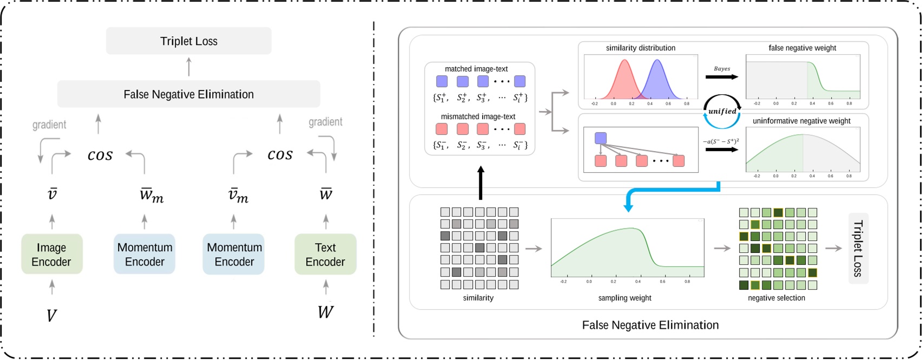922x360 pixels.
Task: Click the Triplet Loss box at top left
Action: point(188,41)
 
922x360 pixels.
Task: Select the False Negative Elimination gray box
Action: point(188,94)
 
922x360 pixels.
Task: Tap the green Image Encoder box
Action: point(51,254)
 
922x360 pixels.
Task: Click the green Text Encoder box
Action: point(325,254)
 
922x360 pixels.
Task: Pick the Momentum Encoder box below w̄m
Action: point(144,254)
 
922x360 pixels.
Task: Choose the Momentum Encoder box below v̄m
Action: point(234,254)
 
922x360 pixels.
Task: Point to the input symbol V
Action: point(51,315)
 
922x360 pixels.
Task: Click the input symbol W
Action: point(325,312)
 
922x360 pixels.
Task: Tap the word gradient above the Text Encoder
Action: point(325,122)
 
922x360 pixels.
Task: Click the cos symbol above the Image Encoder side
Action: point(100,155)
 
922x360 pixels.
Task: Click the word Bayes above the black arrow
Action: point(722,69)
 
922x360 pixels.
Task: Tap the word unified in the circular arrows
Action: point(722,112)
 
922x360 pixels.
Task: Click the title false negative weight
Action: point(802,48)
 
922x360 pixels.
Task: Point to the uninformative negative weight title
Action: point(801,121)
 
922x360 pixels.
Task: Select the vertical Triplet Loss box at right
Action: point(858,248)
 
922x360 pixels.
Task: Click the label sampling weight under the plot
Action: point(624,298)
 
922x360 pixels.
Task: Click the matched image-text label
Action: point(476,69)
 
